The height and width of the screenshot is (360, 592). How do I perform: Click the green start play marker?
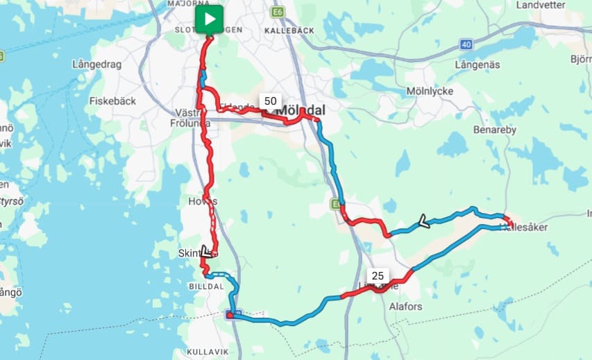click(x=209, y=19)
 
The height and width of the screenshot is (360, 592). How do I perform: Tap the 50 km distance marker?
click(x=270, y=101)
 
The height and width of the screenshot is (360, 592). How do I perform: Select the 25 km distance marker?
click(x=378, y=275)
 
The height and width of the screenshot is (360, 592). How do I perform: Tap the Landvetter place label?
click(x=541, y=5)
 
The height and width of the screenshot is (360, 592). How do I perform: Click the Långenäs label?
click(x=477, y=64)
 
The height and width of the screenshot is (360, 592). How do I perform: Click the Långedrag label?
click(x=97, y=65)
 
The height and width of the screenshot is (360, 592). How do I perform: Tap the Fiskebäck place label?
click(x=113, y=101)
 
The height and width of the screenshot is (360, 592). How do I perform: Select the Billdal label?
click(x=206, y=286)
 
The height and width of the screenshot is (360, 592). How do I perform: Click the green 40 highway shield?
click(x=465, y=44)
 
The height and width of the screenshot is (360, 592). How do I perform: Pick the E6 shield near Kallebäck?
click(x=278, y=12)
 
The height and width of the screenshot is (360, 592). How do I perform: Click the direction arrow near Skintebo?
click(x=206, y=251)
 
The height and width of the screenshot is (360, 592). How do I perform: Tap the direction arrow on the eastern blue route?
click(x=421, y=222)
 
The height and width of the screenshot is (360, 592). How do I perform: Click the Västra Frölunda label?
click(x=192, y=117)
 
